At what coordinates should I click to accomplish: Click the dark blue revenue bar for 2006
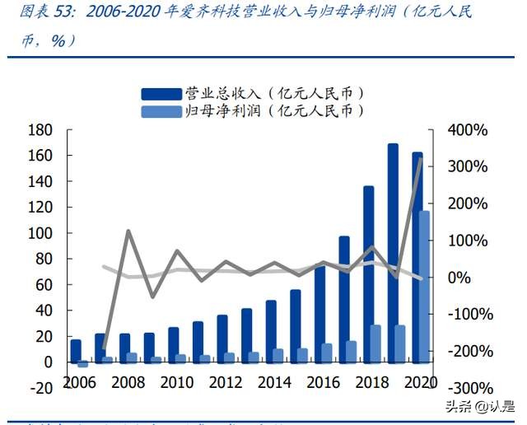[x=76, y=350]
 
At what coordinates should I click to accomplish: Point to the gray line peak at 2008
[x=129, y=231]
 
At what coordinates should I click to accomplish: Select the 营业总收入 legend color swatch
[x=160, y=93]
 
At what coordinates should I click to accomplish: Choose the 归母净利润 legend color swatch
[x=160, y=110]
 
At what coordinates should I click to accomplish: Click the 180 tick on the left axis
[x=40, y=130]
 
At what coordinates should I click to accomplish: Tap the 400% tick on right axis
[x=467, y=130]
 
